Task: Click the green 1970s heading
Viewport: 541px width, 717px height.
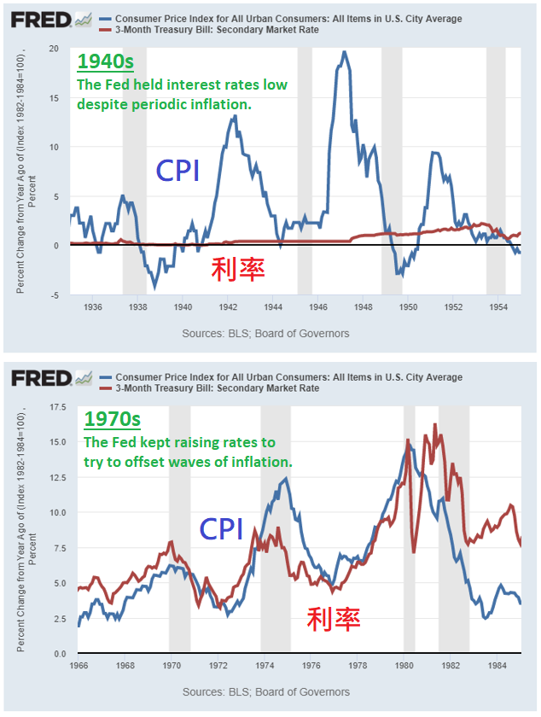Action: [111, 420]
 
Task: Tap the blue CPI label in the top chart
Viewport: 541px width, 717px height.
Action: [177, 171]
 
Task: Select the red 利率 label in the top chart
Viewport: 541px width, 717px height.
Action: [238, 269]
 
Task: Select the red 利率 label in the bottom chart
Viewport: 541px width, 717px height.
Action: [334, 617]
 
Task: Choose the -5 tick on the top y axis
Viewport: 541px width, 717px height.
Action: [55, 295]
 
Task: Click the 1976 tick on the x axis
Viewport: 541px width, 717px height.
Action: [311, 666]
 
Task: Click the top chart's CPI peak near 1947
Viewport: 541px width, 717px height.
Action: [344, 53]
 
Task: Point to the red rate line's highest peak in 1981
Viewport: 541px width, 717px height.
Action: [435, 425]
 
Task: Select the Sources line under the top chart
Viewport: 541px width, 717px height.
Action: [265, 333]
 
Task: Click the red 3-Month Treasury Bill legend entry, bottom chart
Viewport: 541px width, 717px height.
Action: [217, 388]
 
